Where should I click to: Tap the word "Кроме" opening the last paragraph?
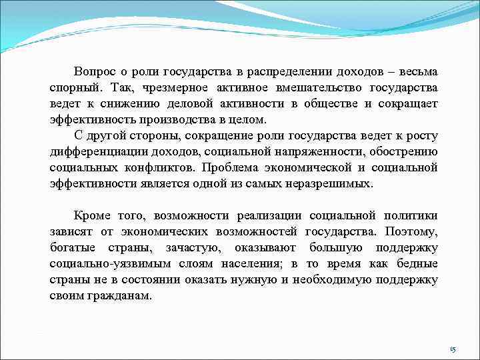pyautogui.click(x=93, y=216)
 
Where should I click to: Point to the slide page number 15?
pyautogui.click(x=453, y=349)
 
